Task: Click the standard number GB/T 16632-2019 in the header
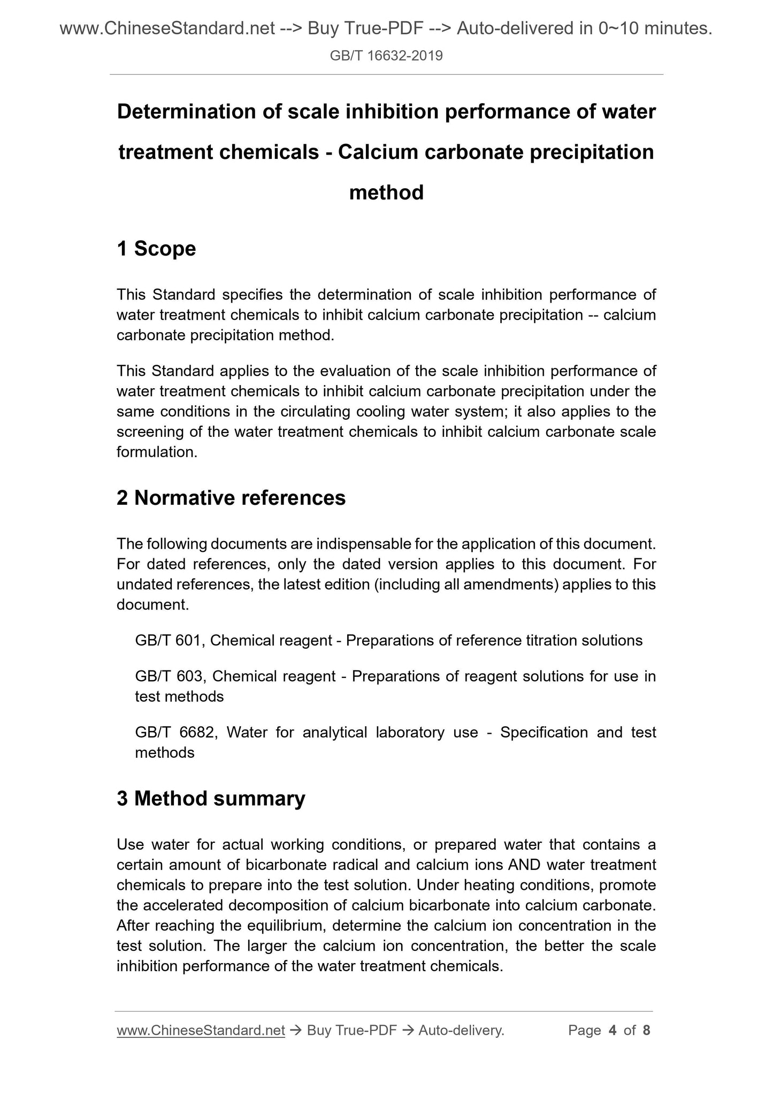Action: pyautogui.click(x=386, y=56)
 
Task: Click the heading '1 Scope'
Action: pyautogui.click(x=156, y=249)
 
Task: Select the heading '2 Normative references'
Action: pyautogui.click(x=231, y=498)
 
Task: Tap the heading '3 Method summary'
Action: pyautogui.click(x=211, y=798)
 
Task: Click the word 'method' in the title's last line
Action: pyautogui.click(x=386, y=193)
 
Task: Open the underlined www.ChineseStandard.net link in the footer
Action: pyautogui.click(x=201, y=1030)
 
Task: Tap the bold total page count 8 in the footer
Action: pyautogui.click(x=646, y=1030)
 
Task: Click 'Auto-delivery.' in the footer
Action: pyautogui.click(x=462, y=1030)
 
